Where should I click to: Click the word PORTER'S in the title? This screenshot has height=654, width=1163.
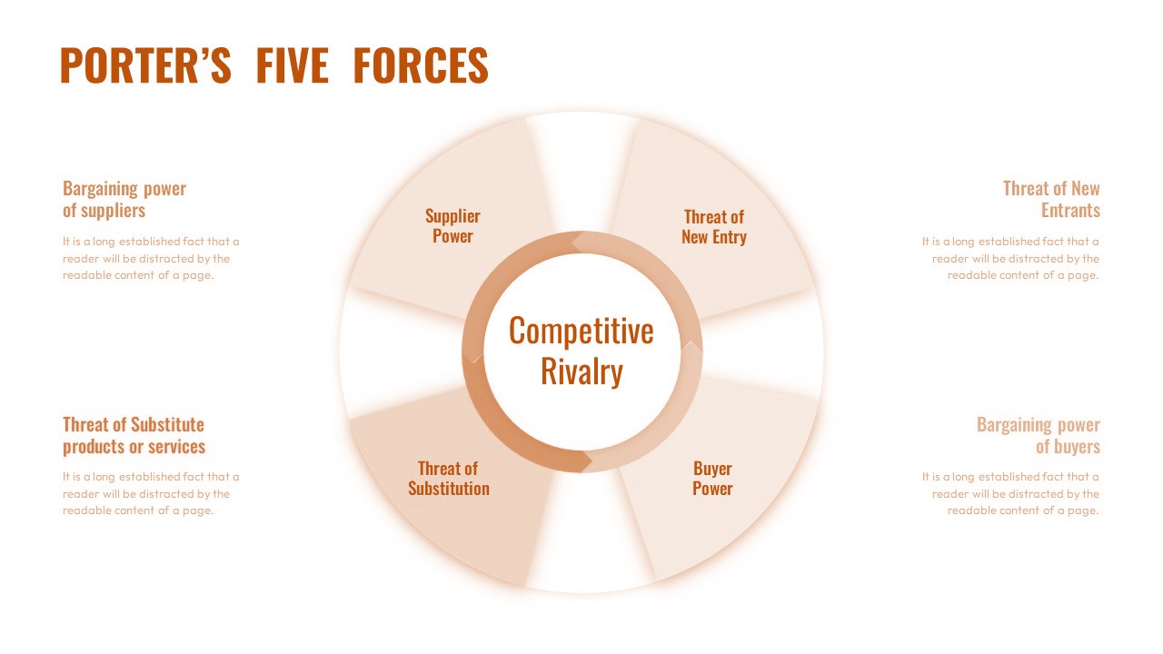(145, 65)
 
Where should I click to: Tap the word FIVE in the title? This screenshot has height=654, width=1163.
(293, 65)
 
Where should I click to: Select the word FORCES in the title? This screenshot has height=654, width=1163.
(421, 65)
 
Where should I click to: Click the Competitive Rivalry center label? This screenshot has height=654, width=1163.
(581, 351)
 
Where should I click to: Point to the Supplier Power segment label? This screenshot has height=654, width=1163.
(452, 226)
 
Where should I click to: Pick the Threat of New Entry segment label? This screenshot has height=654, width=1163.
(714, 227)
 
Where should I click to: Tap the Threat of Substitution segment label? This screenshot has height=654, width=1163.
(449, 478)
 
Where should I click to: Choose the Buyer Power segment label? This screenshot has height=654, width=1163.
(712, 478)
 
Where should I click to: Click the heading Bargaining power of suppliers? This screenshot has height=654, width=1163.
(124, 199)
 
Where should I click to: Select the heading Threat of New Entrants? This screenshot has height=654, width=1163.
(1051, 199)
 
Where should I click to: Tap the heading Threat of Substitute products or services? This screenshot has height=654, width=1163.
(134, 435)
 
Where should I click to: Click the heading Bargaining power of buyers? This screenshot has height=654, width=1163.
(1039, 435)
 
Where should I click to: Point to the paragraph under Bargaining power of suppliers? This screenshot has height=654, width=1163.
(151, 258)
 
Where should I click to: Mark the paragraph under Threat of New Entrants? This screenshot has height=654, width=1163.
(1010, 258)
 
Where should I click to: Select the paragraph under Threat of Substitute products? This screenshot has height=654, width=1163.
(151, 493)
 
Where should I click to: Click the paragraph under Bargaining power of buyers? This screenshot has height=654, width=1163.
(1010, 493)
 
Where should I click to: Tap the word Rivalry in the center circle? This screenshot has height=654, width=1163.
(581, 372)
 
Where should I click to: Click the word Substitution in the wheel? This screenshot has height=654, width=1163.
(449, 489)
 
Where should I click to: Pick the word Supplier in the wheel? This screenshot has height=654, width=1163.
(452, 216)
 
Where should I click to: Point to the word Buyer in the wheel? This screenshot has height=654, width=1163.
(713, 468)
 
